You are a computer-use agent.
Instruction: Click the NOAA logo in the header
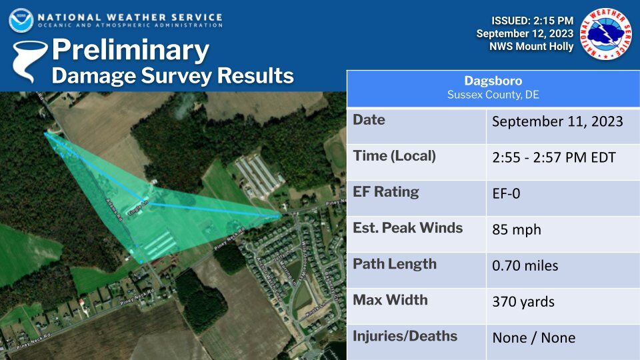click(21, 20)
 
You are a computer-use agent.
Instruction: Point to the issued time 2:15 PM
click(549, 20)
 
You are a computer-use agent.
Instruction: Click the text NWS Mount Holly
click(531, 47)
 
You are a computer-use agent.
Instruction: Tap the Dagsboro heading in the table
click(493, 81)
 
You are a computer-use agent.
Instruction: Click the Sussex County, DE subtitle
click(493, 95)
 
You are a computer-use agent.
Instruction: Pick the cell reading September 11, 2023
click(557, 121)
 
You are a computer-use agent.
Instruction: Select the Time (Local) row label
click(394, 156)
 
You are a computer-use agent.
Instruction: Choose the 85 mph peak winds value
click(516, 230)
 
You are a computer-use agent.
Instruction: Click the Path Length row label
click(395, 264)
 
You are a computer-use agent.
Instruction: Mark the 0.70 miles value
click(525, 265)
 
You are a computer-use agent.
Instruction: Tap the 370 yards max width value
click(523, 301)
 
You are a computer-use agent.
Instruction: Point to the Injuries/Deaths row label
click(405, 336)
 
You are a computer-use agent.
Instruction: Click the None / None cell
click(533, 338)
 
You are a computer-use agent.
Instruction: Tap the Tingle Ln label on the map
click(137, 203)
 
